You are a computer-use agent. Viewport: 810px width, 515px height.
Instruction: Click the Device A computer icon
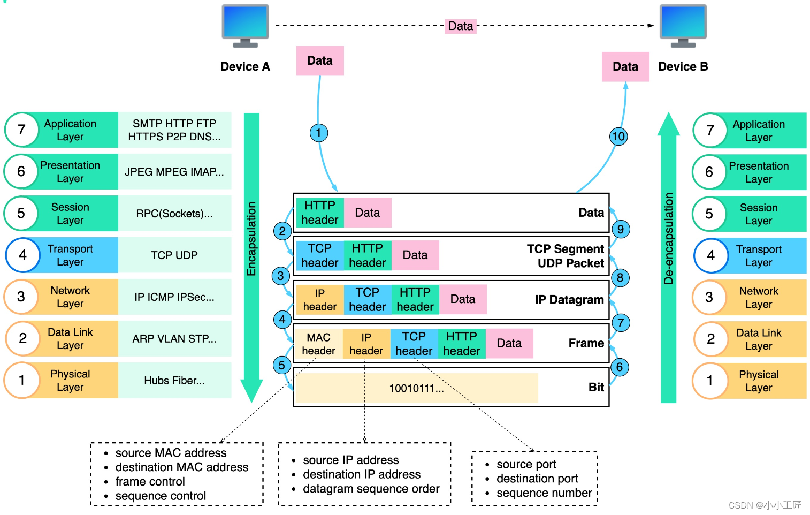click(245, 26)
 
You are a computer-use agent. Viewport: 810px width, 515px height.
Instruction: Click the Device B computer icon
click(683, 26)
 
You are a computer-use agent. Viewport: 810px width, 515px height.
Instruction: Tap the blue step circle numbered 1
click(319, 133)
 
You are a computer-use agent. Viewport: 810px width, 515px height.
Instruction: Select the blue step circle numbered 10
click(618, 137)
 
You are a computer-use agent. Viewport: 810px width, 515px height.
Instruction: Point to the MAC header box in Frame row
click(318, 344)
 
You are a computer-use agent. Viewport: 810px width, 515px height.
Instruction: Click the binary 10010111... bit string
click(416, 388)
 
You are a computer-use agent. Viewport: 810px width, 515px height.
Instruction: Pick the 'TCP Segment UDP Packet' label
click(565, 256)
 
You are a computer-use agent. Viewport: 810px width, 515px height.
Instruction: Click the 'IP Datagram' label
click(569, 300)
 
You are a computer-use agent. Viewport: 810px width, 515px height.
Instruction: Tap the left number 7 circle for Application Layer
click(22, 130)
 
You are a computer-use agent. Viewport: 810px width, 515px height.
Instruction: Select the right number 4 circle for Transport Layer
click(710, 256)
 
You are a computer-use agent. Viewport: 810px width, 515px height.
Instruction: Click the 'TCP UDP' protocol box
click(174, 255)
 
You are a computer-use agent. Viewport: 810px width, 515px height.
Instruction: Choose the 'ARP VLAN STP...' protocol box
click(174, 339)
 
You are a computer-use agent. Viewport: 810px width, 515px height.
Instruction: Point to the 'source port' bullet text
click(526, 464)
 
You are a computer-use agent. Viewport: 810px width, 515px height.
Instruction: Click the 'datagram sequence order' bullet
click(371, 489)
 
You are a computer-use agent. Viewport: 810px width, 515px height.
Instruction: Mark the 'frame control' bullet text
click(150, 482)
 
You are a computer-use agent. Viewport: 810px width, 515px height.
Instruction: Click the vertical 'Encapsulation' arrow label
click(251, 239)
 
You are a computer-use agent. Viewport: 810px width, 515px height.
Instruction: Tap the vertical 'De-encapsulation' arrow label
click(668, 239)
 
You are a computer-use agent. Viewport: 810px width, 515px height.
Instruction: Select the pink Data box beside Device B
click(625, 67)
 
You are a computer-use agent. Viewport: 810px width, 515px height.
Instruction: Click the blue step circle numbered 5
click(281, 365)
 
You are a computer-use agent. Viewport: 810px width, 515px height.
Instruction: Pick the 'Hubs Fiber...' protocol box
click(174, 381)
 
